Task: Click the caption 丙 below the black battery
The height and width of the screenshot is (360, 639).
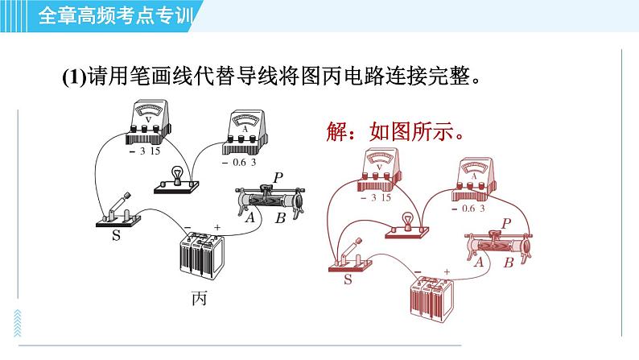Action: [x=199, y=299]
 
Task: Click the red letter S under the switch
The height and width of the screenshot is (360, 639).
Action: [x=347, y=279]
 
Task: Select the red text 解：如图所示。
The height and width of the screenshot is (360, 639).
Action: [x=395, y=131]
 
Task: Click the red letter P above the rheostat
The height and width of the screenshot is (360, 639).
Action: [x=507, y=221]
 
